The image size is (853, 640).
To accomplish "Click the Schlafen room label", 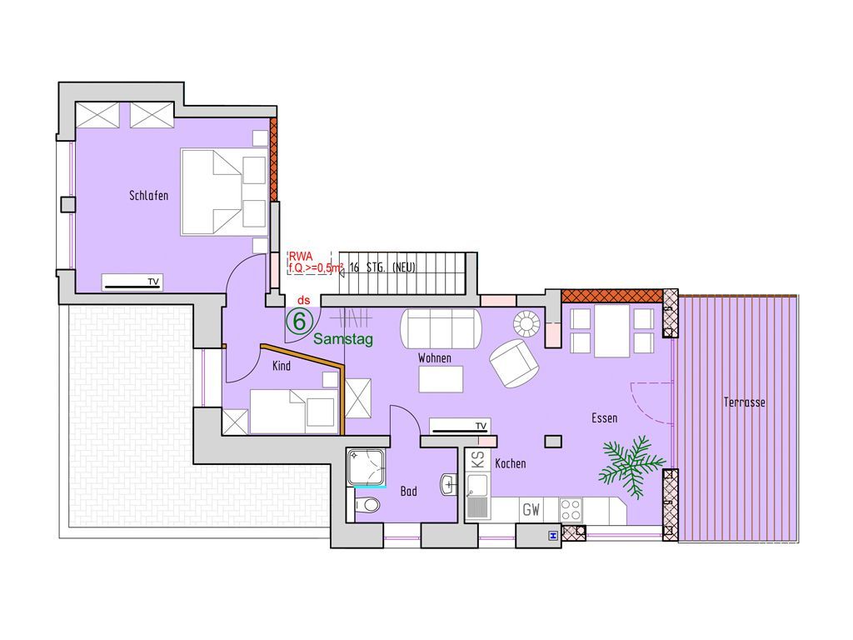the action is (148, 195).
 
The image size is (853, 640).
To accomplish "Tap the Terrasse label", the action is (744, 402).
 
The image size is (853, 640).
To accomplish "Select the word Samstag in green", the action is (343, 340).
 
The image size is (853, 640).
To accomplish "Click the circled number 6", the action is (299, 321).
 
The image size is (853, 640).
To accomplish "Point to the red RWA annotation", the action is (300, 256).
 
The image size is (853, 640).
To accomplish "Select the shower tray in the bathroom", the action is (367, 467).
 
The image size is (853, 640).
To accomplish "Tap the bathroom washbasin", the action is (449, 484).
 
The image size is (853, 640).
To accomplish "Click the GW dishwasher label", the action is (531, 510).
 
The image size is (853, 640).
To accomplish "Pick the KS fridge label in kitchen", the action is (478, 460).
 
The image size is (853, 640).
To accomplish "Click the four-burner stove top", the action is (571, 511).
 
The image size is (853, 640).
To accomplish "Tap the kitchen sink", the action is (478, 497).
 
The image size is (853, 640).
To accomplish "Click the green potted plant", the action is (631, 466).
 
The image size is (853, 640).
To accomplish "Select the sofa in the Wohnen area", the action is (441, 328).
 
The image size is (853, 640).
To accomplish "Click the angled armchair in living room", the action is (514, 363).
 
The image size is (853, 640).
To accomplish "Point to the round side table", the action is (526, 324).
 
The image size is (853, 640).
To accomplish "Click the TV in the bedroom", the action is (132, 283).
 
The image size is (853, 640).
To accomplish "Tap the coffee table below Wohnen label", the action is (441, 379).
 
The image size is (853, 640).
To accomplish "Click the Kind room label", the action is (282, 366).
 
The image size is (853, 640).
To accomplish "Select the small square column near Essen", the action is (554, 442).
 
